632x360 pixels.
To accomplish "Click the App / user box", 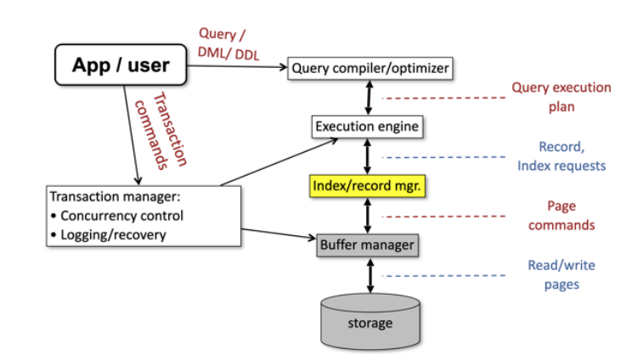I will (x=121, y=65).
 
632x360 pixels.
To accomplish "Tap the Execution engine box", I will (x=368, y=127).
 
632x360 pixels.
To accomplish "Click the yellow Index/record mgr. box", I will (x=367, y=186).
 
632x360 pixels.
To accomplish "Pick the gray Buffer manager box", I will (x=367, y=245).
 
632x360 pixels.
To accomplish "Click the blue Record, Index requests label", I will (x=561, y=155).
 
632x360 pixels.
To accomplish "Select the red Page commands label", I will (x=561, y=216).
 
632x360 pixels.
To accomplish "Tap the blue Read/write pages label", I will (x=561, y=274).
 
